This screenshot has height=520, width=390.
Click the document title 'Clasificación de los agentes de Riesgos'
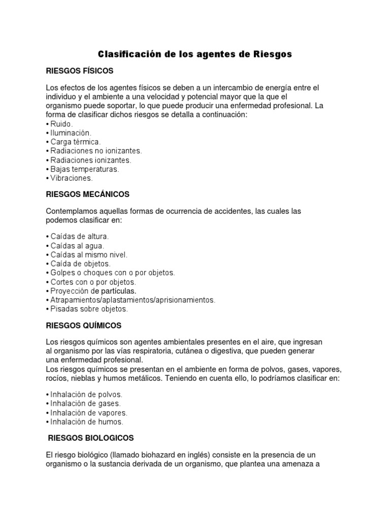[x=194, y=54]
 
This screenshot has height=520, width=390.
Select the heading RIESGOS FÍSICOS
[x=79, y=70]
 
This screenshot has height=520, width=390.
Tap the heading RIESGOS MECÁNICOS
[x=87, y=194]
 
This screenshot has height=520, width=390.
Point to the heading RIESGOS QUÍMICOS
[x=83, y=325]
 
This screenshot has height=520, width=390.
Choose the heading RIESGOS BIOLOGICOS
[x=90, y=437]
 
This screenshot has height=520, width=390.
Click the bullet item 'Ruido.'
[x=61, y=124]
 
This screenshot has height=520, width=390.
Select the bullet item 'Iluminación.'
[x=70, y=133]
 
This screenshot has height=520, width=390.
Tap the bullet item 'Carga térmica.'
[x=75, y=142]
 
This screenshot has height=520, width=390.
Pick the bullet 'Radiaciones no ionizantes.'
[x=95, y=151]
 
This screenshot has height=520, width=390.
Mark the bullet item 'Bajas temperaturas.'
[x=84, y=169]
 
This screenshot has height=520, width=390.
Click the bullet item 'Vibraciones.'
[x=71, y=178]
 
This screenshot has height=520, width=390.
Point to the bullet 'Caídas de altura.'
[x=79, y=236]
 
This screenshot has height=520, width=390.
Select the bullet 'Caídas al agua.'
[x=76, y=245]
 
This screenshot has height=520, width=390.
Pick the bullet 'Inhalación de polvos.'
[x=86, y=394]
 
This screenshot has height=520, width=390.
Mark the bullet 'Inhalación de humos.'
[x=86, y=421]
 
